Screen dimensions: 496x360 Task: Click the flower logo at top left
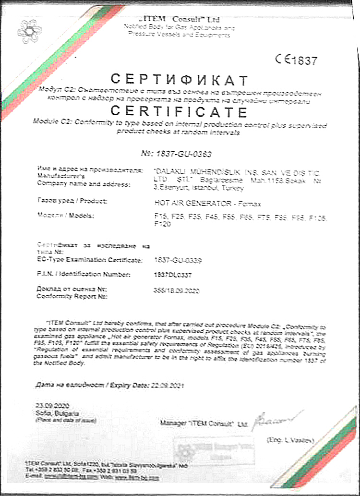[29, 29]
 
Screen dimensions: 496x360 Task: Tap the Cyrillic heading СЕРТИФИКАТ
[180, 79]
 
